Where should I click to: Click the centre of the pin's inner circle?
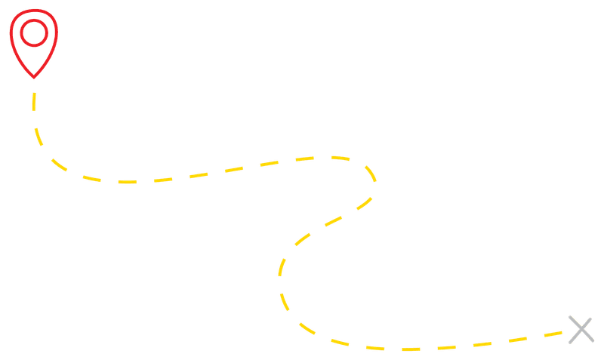tap(33, 32)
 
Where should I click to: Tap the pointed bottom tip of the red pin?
tap(33, 78)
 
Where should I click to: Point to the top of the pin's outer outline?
tap(33, 8)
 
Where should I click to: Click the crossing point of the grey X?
tap(581, 330)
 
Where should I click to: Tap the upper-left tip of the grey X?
tap(571, 317)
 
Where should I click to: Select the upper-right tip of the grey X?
tap(591, 318)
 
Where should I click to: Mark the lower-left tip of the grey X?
tap(571, 343)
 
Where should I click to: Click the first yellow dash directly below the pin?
tap(34, 101)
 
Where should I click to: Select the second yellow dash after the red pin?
tap(38, 137)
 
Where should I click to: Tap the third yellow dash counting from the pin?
tap(59, 164)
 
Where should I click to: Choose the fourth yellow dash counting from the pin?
tap(91, 179)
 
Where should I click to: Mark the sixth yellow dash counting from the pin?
tap(163, 180)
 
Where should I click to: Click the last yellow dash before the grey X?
tap(553, 334)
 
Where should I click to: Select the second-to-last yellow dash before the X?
tap(518, 340)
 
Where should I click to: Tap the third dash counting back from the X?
tap(482, 344)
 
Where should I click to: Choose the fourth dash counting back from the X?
tap(447, 348)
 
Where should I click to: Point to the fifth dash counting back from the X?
tap(411, 349)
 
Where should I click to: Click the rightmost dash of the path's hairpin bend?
tap(370, 173)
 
